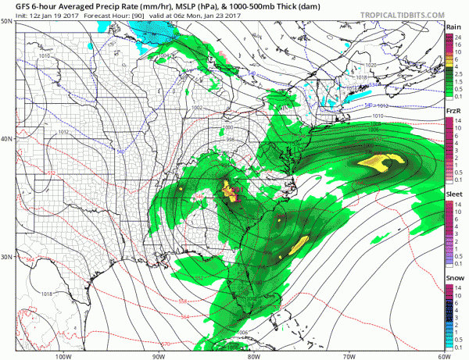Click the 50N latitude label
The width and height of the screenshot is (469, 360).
[7, 21]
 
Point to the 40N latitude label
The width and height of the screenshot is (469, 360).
[7, 138]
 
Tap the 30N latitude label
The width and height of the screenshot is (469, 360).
[7, 257]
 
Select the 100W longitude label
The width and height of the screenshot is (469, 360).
[63, 355]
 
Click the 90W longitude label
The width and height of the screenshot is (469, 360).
[158, 355]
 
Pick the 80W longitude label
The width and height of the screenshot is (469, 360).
[252, 355]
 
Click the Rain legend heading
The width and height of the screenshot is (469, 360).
[454, 26]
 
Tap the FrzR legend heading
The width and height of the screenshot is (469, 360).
[454, 112]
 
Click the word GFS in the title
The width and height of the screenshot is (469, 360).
[13, 6]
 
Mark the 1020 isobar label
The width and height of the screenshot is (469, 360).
[371, 65]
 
